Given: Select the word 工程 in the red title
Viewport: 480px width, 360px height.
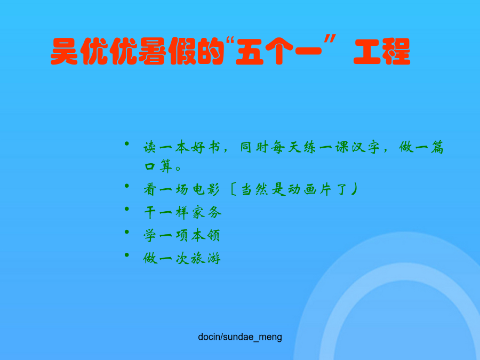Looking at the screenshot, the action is [x=382, y=51].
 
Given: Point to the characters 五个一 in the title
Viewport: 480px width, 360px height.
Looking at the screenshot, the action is [x=278, y=51].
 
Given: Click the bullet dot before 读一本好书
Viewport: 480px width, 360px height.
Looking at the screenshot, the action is [x=127, y=143].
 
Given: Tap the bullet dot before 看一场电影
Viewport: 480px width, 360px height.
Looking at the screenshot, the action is [x=127, y=186].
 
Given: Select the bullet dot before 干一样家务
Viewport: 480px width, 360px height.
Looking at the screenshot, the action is [x=127, y=209].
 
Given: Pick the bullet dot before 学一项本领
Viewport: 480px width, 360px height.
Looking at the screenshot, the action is [x=127, y=232].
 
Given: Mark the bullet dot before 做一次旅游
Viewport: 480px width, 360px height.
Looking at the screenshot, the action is [x=127, y=255].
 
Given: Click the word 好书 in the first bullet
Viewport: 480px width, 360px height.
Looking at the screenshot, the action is [x=205, y=147].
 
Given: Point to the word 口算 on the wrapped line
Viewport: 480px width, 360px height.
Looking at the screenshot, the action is [x=158, y=166].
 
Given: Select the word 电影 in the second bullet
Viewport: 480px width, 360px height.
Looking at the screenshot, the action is [x=206, y=189].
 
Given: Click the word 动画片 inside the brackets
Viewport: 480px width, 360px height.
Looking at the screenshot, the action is [x=309, y=189].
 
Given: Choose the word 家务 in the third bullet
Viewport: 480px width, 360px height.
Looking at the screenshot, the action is [x=206, y=212].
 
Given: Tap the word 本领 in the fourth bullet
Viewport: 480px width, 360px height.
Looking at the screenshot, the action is [x=205, y=235].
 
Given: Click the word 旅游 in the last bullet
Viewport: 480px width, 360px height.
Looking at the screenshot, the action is [x=205, y=259].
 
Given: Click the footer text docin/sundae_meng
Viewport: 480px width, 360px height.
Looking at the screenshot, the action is [x=240, y=337].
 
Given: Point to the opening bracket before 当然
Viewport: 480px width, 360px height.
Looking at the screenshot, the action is [x=233, y=189].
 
